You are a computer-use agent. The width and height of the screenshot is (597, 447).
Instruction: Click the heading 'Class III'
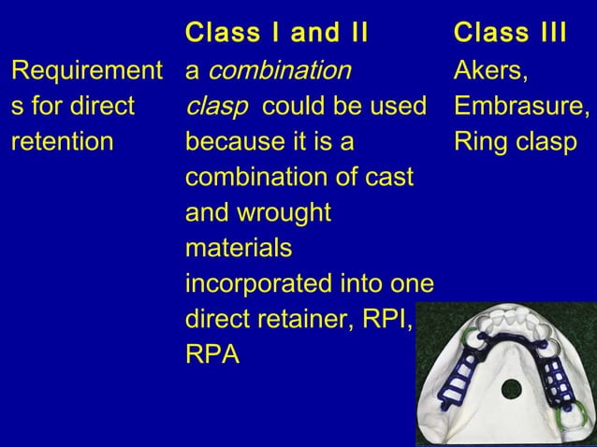(510, 34)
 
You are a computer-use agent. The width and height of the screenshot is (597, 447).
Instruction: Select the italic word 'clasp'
(216, 107)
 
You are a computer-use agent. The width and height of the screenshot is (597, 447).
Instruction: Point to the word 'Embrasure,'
(521, 107)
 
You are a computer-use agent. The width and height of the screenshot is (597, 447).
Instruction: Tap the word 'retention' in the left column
(62, 143)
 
